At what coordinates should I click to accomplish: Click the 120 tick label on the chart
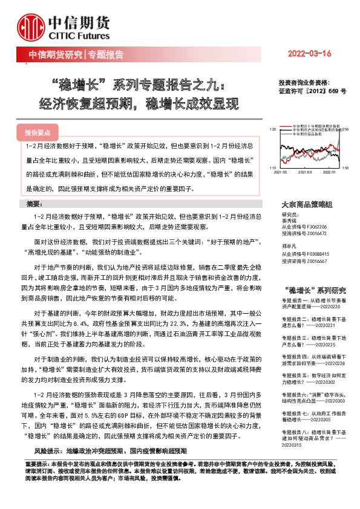tap(272, 129)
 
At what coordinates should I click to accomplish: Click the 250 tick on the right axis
tap(345, 129)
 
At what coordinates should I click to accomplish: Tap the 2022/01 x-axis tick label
tap(329, 172)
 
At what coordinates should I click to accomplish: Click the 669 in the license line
tap(335, 91)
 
